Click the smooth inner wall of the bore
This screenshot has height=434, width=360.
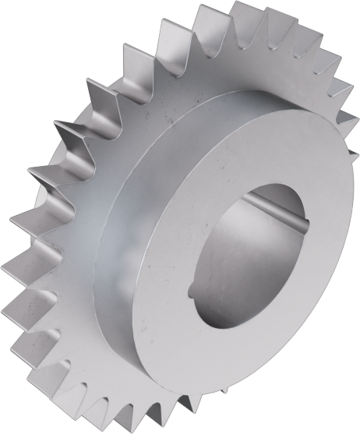[x=234, y=257]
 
